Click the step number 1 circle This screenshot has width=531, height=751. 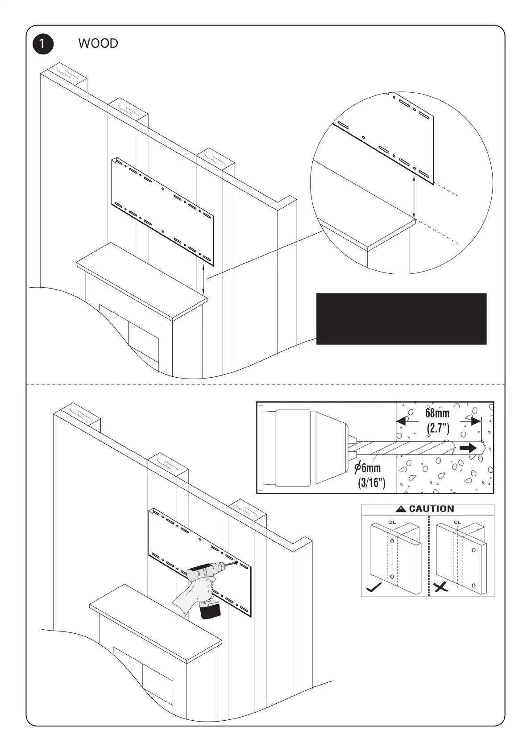(43, 44)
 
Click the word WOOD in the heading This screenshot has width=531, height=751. (98, 44)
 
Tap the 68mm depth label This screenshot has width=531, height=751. (437, 413)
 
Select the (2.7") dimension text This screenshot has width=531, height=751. (438, 428)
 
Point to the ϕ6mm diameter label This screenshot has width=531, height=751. (368, 467)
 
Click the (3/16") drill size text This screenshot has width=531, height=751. (371, 482)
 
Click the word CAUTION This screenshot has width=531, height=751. (431, 509)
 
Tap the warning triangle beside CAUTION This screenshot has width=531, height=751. (401, 509)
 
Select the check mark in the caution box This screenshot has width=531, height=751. (373, 587)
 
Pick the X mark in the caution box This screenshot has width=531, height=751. (441, 587)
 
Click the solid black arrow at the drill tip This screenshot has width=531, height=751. (468, 448)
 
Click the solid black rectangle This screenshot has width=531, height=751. (401, 318)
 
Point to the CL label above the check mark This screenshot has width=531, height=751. (392, 522)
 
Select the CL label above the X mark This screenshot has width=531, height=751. (457, 522)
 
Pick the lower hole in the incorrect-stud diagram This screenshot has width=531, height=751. (473, 585)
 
